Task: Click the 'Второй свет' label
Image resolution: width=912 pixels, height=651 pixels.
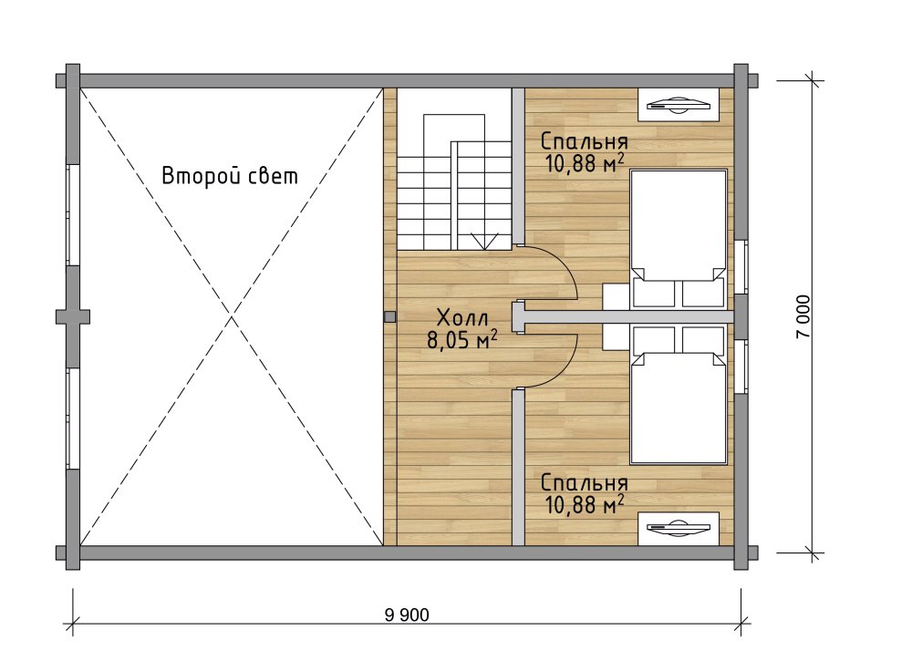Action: click(230, 176)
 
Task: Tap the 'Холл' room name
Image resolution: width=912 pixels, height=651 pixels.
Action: click(463, 318)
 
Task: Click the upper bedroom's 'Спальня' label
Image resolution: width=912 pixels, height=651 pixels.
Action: click(584, 142)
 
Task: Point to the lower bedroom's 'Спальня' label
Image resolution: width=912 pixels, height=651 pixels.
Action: click(584, 483)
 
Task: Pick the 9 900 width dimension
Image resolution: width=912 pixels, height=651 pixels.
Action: click(407, 615)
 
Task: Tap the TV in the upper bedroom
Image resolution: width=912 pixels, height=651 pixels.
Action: click(679, 105)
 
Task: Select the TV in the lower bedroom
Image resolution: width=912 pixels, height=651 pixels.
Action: click(679, 528)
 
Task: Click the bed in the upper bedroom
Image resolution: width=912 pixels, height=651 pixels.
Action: click(679, 238)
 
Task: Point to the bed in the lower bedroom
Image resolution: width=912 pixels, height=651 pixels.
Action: click(679, 396)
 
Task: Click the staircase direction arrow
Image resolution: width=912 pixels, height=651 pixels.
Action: click(484, 241)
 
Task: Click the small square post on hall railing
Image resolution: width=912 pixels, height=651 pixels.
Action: click(390, 316)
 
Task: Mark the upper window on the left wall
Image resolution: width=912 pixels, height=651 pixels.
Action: click(72, 215)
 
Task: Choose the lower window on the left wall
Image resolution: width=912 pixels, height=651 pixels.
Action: click(72, 418)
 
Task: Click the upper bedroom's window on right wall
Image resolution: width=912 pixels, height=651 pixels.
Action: click(740, 267)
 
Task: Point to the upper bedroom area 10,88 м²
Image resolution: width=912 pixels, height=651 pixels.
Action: click(584, 163)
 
